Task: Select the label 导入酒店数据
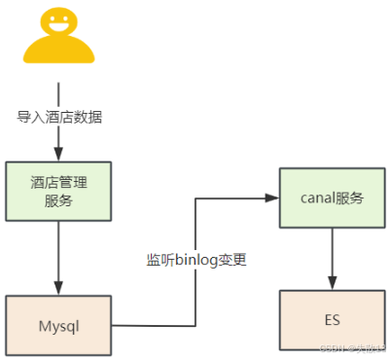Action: click(59, 117)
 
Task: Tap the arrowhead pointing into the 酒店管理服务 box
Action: click(59, 152)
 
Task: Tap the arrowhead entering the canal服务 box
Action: click(273, 198)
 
